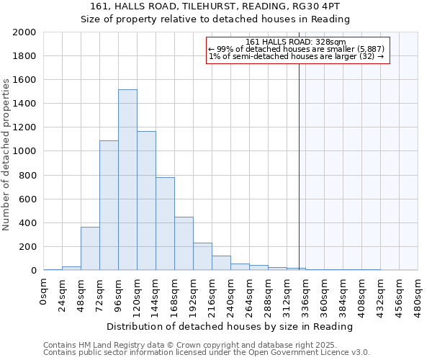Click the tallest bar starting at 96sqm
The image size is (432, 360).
tap(127, 180)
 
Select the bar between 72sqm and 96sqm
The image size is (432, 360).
tap(109, 205)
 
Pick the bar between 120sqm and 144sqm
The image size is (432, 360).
tap(146, 201)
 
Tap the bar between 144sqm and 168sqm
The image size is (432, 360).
tap(165, 224)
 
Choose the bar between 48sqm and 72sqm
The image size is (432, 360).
tap(90, 248)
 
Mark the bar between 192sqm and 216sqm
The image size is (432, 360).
tap(202, 256)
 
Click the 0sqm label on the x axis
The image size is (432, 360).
tap(44, 292)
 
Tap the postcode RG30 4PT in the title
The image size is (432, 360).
tap(323, 6)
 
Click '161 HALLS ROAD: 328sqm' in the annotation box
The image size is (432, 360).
tap(296, 42)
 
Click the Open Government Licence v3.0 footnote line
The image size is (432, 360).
tap(206, 353)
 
